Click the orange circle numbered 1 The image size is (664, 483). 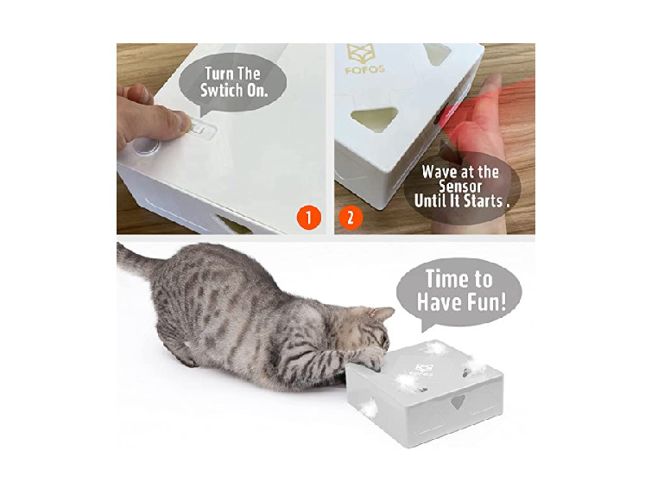pyautogui.click(x=309, y=218)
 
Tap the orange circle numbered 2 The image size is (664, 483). pyautogui.click(x=351, y=218)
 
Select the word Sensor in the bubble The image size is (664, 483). pyautogui.click(x=460, y=187)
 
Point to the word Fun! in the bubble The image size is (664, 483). pyautogui.click(x=487, y=302)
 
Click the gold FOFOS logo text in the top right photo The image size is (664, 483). pyautogui.click(x=364, y=69)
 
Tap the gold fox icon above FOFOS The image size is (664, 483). pyautogui.click(x=362, y=53)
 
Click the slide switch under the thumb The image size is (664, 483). pyautogui.click(x=201, y=129)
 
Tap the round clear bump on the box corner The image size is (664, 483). pyautogui.click(x=145, y=146)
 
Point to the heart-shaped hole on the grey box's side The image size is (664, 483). pyautogui.click(x=457, y=401)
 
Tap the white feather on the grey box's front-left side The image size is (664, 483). pyautogui.click(x=368, y=407)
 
